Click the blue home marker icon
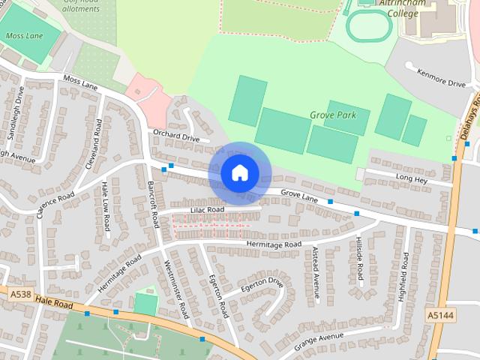click(239, 172)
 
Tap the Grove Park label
click(339, 115)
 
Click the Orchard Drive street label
click(175, 138)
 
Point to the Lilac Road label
click(207, 210)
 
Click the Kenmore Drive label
click(442, 79)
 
